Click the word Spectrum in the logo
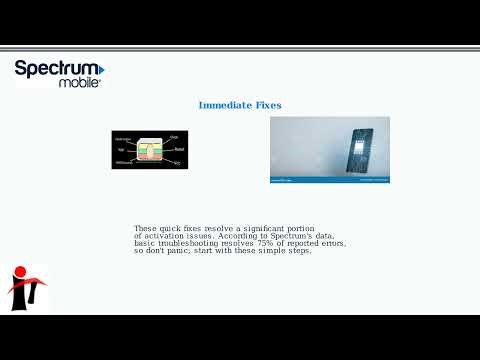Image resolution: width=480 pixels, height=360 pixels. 55,70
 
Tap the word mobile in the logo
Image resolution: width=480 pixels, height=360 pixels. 80,84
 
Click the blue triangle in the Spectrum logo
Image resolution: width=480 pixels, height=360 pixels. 102,70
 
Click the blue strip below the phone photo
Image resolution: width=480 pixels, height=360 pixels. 330,180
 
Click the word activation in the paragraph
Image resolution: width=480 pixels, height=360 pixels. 166,236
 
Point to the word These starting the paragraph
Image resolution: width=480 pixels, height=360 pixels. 146,228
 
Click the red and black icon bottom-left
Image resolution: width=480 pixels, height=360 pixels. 27,288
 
